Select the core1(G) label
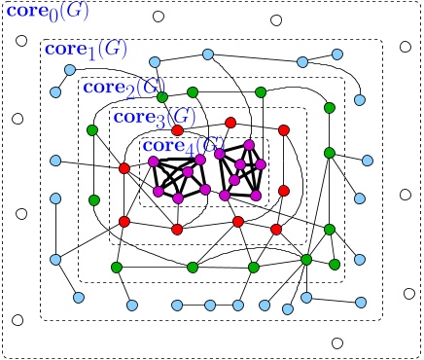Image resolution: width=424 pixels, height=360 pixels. coord(83,49)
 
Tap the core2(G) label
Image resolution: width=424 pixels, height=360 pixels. coord(121,87)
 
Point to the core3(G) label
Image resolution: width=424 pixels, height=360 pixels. coord(150,118)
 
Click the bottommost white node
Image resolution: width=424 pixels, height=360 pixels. coord(337,342)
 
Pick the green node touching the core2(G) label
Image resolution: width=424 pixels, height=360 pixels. coord(162,97)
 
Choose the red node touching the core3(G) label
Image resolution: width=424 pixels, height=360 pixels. coord(177,129)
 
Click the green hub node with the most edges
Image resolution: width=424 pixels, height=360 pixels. coord(306,259)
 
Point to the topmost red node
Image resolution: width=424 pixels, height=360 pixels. coord(230,122)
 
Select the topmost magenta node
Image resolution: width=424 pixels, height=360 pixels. coord(250,144)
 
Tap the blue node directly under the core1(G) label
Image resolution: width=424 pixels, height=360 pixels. coord(69,69)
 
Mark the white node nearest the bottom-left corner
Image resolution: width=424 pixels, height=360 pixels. coord(17,320)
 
